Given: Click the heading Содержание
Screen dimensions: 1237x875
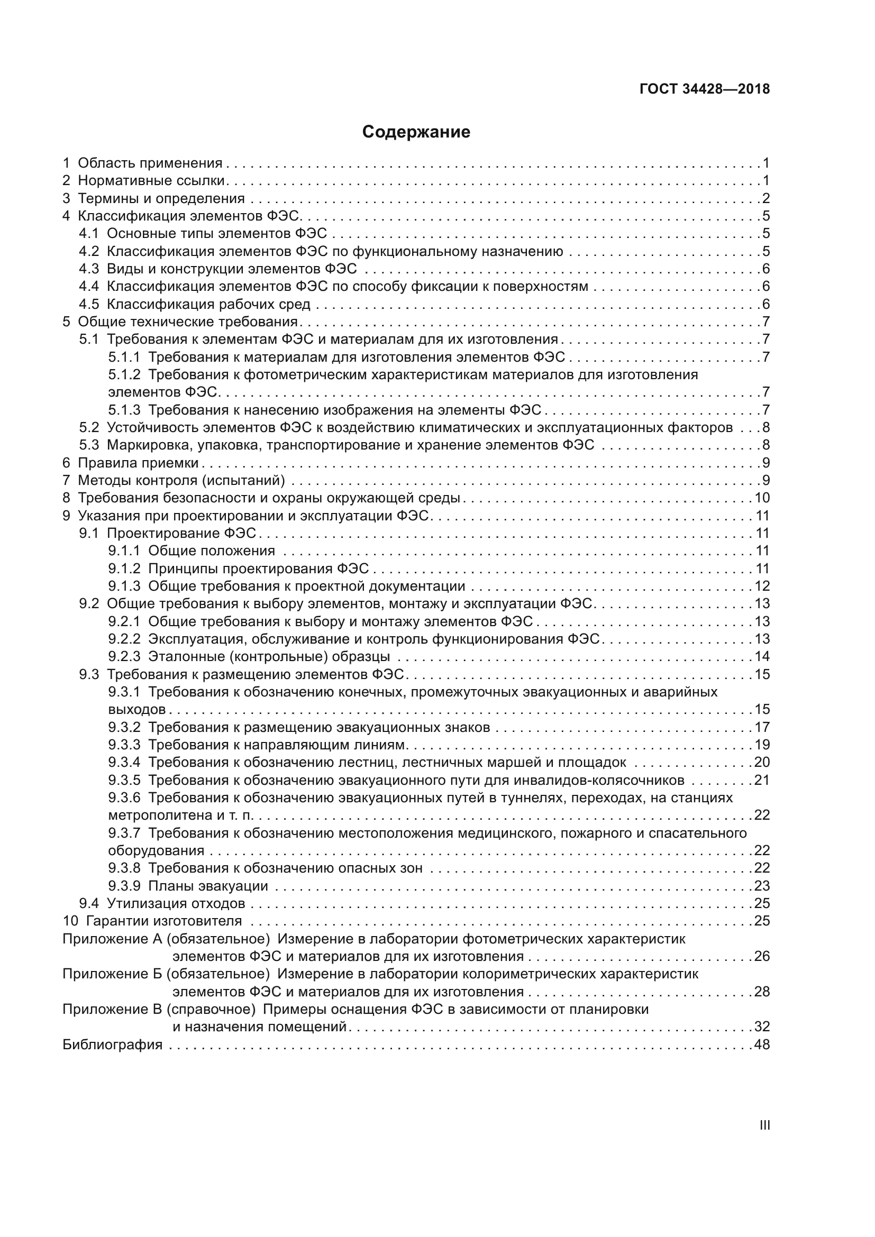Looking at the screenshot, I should tap(416, 132).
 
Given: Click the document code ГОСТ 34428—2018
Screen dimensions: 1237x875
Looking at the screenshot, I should tap(705, 89).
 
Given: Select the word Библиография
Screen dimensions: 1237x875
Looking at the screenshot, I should tap(113, 1044).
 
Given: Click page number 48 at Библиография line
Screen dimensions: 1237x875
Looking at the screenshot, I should tap(762, 1044).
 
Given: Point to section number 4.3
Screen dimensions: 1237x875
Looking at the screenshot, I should tap(89, 269).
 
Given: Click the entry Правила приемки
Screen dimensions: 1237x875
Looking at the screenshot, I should tap(139, 463).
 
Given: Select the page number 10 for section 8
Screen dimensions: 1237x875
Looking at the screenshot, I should tap(762, 498).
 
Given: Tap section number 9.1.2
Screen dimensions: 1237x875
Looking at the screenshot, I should tap(124, 569).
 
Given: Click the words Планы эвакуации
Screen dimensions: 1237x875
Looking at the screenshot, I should tap(208, 886).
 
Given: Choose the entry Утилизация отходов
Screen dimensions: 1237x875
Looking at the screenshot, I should tap(176, 903).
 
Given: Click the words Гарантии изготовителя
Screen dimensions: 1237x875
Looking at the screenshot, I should tap(164, 921).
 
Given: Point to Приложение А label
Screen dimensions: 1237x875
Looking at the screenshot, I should tap(112, 939).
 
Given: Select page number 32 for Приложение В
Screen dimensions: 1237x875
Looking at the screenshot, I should tap(762, 1027).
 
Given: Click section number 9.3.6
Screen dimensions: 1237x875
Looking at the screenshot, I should tap(124, 798).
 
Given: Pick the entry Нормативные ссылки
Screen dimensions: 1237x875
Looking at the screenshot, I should tap(151, 180).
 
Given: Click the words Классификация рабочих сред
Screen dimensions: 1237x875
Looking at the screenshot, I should tap(208, 305).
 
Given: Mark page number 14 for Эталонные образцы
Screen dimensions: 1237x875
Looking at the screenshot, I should tap(762, 656).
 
